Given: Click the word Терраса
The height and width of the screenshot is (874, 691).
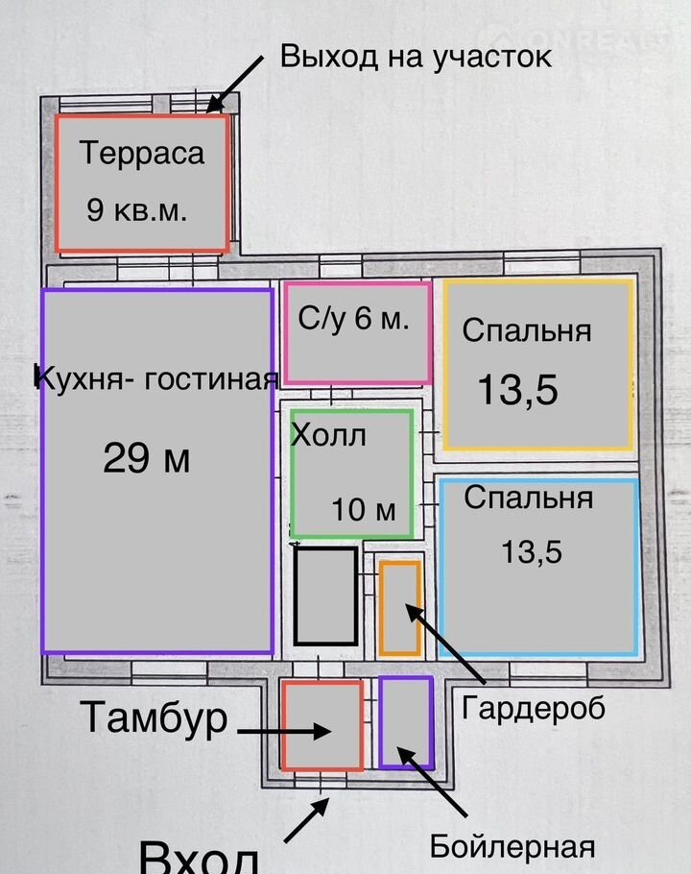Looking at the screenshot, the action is point(142,154).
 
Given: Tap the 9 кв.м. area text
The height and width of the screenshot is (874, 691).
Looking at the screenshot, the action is point(137,210).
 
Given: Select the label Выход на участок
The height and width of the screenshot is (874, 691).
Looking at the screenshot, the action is point(416,57).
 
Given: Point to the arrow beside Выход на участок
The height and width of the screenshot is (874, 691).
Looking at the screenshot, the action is point(235,84).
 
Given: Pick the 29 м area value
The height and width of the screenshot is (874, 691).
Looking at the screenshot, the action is point(147,458).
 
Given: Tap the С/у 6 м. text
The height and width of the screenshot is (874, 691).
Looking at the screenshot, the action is point(353,318).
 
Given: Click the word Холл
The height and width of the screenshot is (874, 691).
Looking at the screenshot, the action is point(328,435).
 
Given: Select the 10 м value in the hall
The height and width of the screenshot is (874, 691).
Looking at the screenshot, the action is point(364,509).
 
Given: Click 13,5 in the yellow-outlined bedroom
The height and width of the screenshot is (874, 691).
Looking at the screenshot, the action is point(518,390).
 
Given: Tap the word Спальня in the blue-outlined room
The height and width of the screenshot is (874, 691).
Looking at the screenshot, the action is point(529,498).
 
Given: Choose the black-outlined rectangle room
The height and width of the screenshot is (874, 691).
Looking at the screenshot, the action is point(325,595).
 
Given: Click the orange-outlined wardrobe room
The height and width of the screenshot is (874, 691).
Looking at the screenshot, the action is point(400,608).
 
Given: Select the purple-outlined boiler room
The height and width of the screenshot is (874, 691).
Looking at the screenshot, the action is point(407,723).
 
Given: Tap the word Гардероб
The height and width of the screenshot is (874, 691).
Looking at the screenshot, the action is point(534,709).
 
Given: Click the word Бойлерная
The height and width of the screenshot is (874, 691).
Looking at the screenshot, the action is point(512,847).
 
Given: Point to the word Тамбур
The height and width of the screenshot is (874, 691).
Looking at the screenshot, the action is point(154,718).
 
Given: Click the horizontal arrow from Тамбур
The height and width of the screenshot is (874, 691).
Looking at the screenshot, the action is point(284,731).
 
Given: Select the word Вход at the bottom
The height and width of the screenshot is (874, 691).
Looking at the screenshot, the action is point(199,858).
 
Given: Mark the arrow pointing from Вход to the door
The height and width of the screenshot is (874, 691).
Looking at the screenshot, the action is point(307,819).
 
